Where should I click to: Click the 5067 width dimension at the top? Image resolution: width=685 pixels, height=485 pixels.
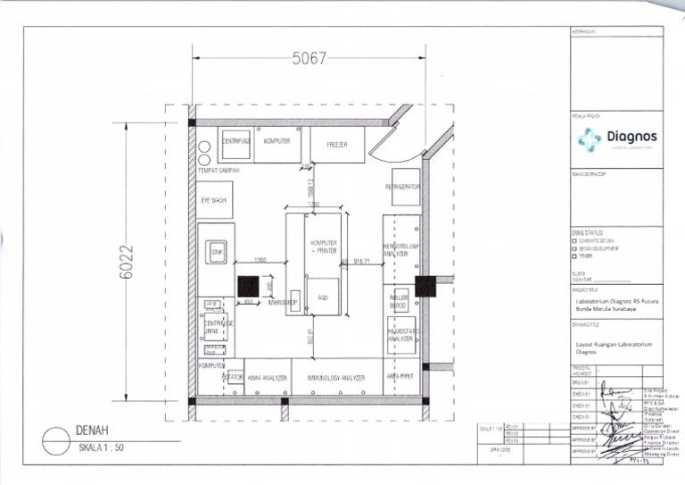(309, 60)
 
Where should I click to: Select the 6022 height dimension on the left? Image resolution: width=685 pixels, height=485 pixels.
(127, 262)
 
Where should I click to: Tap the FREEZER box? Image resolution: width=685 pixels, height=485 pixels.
(336, 144)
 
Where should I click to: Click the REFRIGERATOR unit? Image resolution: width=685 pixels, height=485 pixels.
(404, 187)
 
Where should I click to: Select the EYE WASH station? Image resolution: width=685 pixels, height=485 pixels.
(215, 200)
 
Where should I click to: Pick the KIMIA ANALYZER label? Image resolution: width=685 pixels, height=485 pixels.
(267, 378)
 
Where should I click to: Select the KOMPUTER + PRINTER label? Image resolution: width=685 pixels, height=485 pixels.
(323, 247)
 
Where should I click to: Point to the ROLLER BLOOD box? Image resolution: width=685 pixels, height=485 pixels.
(399, 301)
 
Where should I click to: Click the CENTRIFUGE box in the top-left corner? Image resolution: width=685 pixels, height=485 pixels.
(236, 141)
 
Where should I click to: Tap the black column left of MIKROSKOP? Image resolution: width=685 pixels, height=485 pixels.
(248, 287)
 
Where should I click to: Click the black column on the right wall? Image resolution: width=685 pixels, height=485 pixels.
(425, 286)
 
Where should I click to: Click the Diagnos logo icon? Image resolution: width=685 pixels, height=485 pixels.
(590, 139)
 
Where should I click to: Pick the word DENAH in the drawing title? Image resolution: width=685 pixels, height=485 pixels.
(92, 431)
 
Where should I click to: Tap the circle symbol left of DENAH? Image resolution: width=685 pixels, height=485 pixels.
(55, 439)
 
